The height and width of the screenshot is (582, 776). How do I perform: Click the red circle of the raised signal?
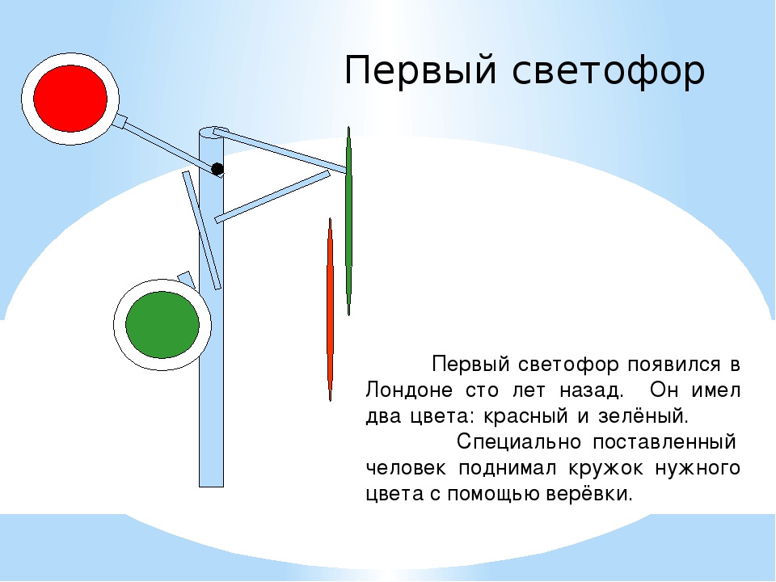click(x=70, y=99)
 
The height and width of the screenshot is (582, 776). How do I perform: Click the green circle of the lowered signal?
click(x=162, y=325)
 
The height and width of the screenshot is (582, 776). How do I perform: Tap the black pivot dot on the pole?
click(x=217, y=169)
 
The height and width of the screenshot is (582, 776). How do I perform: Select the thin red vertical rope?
click(x=330, y=310)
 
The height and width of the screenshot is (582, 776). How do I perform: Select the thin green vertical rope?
click(x=349, y=221)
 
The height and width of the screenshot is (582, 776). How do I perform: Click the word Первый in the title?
click(x=420, y=71)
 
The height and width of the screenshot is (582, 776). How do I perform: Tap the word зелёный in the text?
click(x=643, y=416)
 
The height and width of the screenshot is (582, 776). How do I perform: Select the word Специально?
click(x=519, y=442)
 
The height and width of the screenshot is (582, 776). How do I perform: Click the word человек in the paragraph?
click(x=406, y=468)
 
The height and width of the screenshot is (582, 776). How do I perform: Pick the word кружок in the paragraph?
click(x=605, y=468)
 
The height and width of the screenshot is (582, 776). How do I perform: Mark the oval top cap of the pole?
click(x=213, y=132)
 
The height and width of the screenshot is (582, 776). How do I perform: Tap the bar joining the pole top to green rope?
click(x=280, y=150)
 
